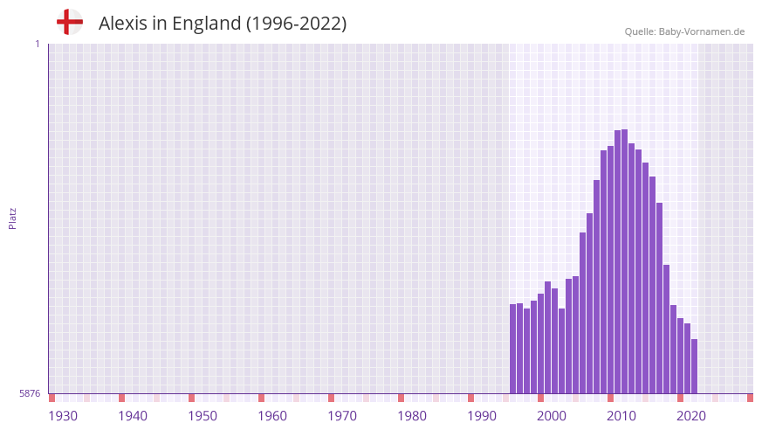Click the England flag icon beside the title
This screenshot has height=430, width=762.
point(69,22)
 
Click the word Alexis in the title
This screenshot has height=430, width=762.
point(122,24)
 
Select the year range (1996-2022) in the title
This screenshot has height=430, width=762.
point(296,24)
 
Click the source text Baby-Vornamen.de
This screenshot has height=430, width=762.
point(702,31)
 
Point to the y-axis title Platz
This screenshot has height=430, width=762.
point(12,218)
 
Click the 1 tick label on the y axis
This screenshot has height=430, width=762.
point(37,44)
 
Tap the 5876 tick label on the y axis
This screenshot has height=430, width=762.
point(30,394)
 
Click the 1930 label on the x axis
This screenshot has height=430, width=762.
point(63,416)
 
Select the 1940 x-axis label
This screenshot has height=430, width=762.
point(133,416)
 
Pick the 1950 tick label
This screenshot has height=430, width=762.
point(203,416)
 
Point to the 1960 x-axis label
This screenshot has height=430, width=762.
point(272,416)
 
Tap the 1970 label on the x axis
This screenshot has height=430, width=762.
point(342,416)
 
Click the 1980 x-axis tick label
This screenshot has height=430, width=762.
point(412,416)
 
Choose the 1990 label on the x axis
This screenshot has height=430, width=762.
point(482,416)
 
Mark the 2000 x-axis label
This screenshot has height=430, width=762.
point(552,416)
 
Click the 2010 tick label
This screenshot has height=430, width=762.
point(621,416)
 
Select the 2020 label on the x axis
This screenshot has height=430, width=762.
point(691,416)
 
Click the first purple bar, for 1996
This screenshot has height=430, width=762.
point(513,350)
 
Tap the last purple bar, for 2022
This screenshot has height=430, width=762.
point(694,367)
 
